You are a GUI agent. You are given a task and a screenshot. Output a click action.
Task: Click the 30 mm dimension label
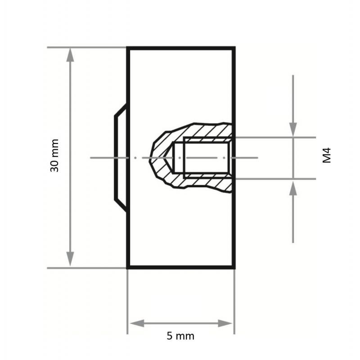click(54, 156)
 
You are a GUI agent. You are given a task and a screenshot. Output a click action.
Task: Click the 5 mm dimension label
click(180, 336)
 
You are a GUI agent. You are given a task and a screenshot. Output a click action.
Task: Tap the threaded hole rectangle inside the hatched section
click(207, 157)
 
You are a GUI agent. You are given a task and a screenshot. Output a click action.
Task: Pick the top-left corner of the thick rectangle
click(128, 48)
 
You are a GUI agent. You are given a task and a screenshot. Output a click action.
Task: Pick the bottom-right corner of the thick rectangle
click(234, 268)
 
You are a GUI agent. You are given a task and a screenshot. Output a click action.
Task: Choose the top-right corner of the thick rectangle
click(234, 48)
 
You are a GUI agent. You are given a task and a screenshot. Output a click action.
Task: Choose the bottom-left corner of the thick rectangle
click(128, 268)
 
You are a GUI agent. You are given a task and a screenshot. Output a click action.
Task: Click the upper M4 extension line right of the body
click(274, 137)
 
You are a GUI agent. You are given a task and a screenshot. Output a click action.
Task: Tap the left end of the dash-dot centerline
click(91, 158)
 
